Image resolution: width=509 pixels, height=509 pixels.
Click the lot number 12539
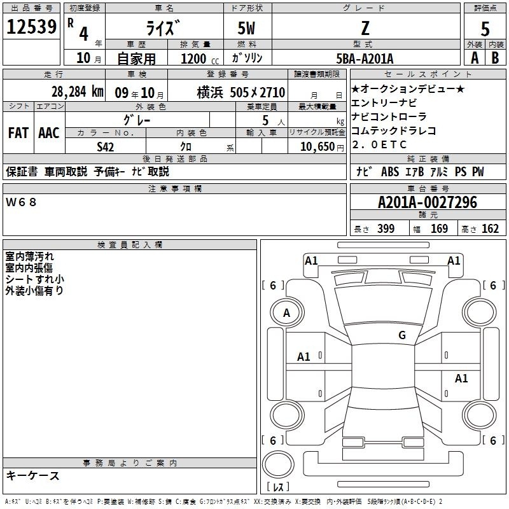pyautogui.click(x=31, y=27)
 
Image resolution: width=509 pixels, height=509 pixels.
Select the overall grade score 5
pyautogui.click(x=485, y=29)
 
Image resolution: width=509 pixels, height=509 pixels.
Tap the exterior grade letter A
pyautogui.click(x=475, y=58)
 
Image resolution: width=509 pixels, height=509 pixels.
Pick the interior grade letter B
pyautogui.click(x=495, y=58)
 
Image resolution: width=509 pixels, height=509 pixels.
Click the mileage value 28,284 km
pyautogui.click(x=77, y=92)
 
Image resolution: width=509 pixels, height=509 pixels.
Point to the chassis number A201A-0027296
pyautogui.click(x=428, y=202)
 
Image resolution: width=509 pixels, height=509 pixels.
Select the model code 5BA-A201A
pyautogui.click(x=365, y=59)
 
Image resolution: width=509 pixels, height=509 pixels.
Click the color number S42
pyautogui.click(x=105, y=147)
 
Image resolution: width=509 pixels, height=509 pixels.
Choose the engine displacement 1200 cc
pyautogui.click(x=200, y=59)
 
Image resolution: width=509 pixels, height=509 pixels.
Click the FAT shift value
pyautogui.click(x=18, y=133)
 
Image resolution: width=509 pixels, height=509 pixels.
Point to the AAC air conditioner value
pyautogui.click(x=49, y=133)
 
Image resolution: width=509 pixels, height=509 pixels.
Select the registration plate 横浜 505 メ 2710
pyautogui.click(x=241, y=92)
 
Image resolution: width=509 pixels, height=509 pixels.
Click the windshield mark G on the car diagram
pyautogui.click(x=402, y=335)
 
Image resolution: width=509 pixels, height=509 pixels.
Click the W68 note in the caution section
pyautogui.click(x=21, y=202)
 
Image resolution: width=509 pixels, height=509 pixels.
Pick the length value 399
pyautogui.click(x=386, y=228)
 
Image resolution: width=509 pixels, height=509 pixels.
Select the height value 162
pyautogui.click(x=490, y=228)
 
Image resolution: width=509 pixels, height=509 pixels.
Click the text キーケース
pyautogui.click(x=32, y=475)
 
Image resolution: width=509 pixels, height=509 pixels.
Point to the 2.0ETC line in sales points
pyautogui.click(x=379, y=144)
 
